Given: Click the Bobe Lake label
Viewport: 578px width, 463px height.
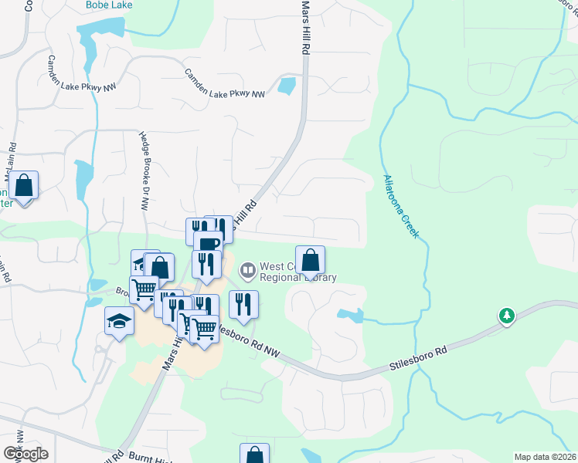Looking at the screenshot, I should pyautogui.click(x=109, y=5).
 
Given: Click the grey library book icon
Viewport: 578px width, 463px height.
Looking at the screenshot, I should pyautogui.click(x=248, y=270).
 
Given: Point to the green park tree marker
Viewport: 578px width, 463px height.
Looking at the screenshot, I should pyautogui.click(x=507, y=316).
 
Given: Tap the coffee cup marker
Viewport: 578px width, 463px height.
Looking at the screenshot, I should pyautogui.click(x=208, y=243).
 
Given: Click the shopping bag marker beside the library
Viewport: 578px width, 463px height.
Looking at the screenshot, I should pyautogui.click(x=310, y=260).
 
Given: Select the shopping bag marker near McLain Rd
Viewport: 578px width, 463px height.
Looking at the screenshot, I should pyautogui.click(x=24, y=186).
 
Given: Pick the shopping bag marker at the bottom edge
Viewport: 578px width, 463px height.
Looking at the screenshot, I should pyautogui.click(x=254, y=454).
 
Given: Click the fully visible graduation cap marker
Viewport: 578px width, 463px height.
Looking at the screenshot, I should pyautogui.click(x=120, y=321).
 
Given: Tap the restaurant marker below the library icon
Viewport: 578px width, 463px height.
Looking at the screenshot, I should pyautogui.click(x=243, y=304).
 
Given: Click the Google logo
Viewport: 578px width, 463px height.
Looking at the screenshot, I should pyautogui.click(x=25, y=453).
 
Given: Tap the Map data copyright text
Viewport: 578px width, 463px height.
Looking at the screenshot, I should pyautogui.click(x=545, y=457).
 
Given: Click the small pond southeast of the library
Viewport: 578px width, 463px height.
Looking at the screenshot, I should pyautogui.click(x=349, y=314).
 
